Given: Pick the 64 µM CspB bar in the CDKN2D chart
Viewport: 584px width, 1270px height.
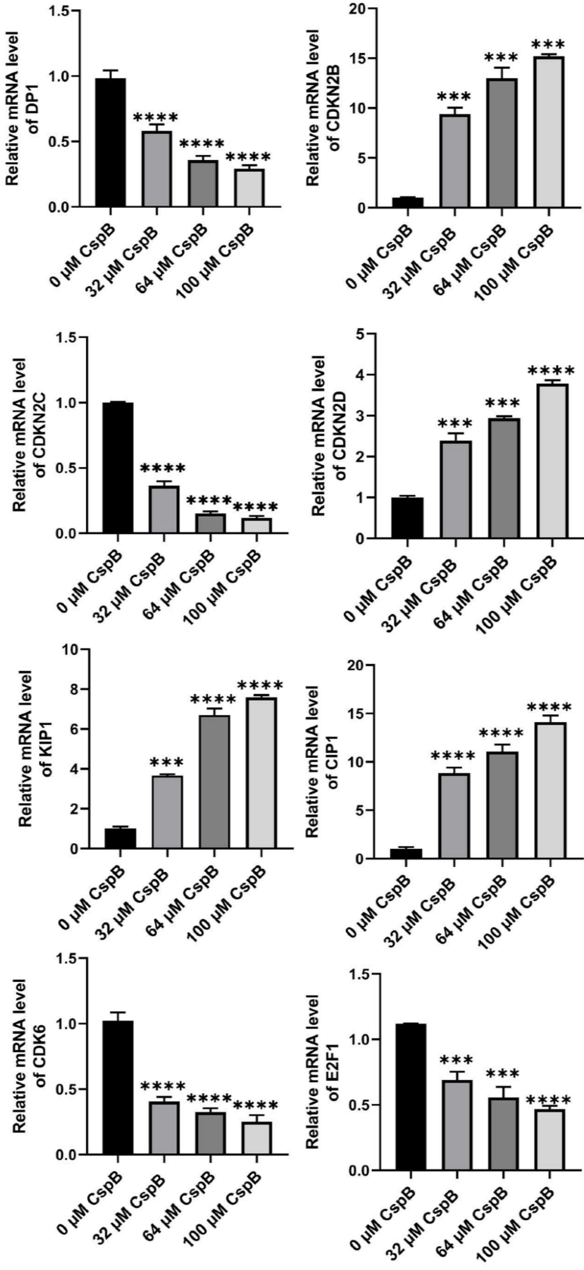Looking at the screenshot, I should [504, 478].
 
